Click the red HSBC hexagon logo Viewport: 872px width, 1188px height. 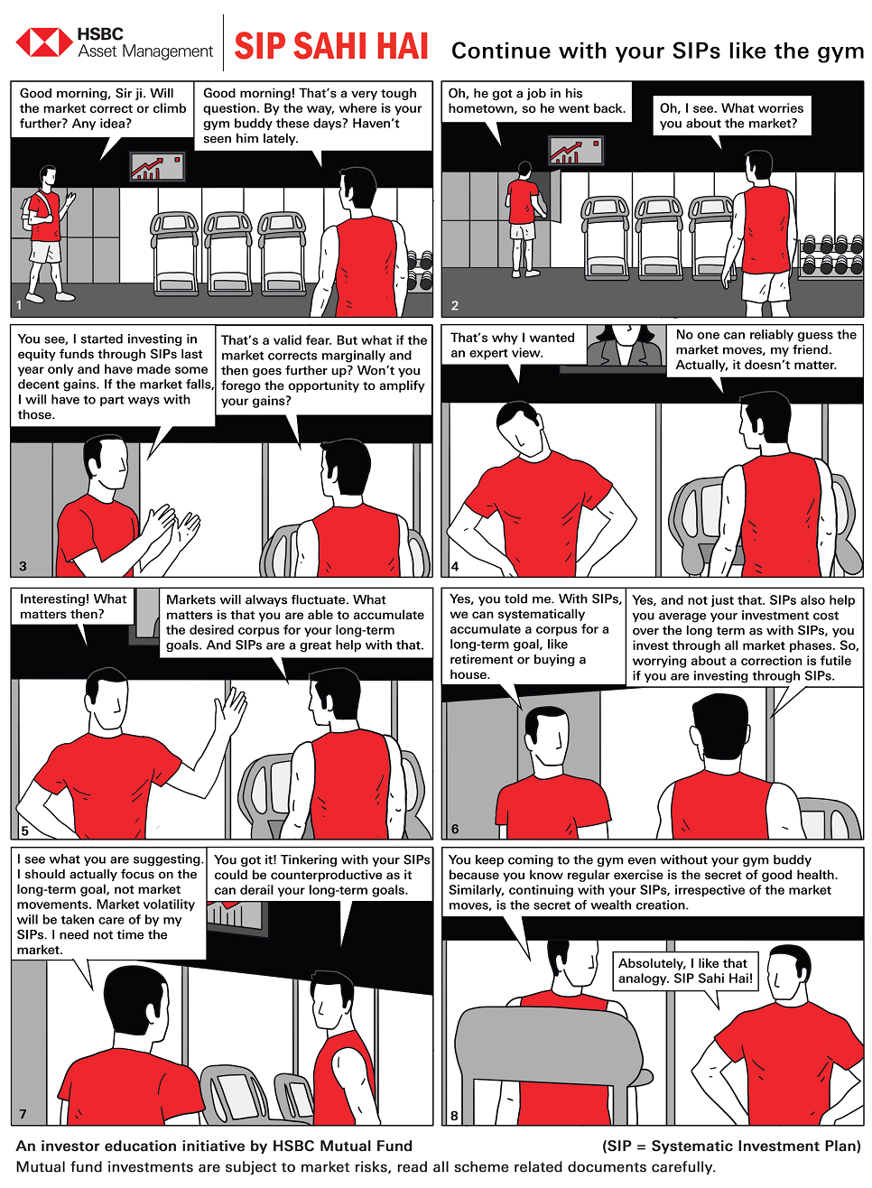44,42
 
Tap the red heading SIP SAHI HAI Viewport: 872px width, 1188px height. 331,47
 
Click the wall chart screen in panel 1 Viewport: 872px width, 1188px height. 158,166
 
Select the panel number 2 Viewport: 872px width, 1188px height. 455,305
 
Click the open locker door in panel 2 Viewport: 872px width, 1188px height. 555,196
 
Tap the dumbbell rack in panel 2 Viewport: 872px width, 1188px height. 831,257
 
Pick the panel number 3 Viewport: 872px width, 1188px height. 23,566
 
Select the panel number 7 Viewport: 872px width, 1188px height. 23,1114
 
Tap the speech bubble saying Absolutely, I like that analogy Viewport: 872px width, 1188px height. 685,970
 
